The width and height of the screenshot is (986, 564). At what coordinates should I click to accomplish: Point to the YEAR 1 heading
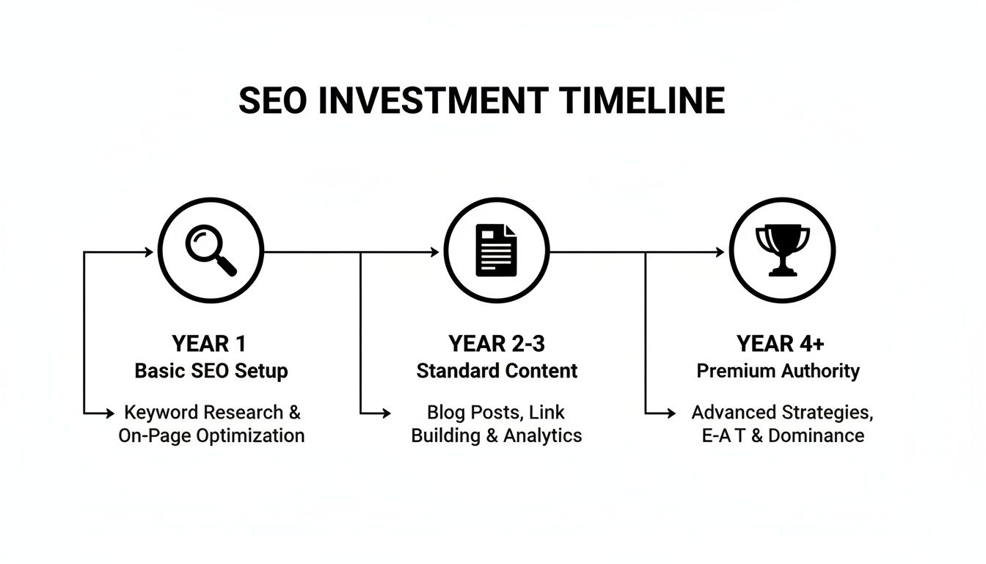[210, 344]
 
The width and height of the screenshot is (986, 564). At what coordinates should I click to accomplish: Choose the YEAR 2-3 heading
[497, 344]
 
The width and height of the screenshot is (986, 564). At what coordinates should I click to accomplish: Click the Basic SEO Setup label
[211, 371]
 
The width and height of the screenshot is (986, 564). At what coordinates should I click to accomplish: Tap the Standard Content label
[497, 371]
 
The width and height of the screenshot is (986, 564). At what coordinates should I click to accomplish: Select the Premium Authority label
[778, 371]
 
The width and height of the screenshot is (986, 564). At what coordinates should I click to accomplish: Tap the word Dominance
[816, 435]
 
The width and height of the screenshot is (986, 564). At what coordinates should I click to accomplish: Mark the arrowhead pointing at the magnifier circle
[149, 252]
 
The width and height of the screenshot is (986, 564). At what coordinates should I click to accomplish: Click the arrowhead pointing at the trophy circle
[720, 252]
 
